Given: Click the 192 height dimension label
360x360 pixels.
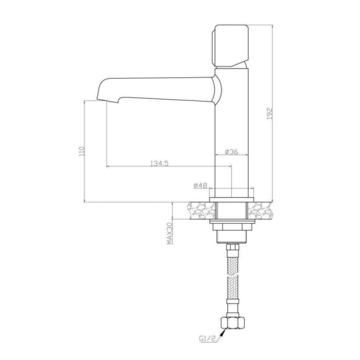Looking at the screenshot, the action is pyautogui.click(x=270, y=113).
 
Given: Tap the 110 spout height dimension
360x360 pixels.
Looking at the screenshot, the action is pyautogui.click(x=82, y=151).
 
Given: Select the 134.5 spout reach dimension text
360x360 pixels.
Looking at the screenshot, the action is pyautogui.click(x=160, y=163).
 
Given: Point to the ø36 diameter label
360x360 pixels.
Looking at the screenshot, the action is pyautogui.click(x=231, y=152).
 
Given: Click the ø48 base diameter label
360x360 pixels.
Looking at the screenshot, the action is pyautogui.click(x=200, y=185).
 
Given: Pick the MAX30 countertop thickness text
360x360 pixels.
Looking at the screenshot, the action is pyautogui.click(x=170, y=234).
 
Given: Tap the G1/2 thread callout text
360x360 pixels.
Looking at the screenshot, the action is pyautogui.click(x=207, y=339).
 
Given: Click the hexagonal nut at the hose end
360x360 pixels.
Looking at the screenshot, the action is pyautogui.click(x=233, y=323).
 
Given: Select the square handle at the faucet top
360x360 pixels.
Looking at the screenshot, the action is pyautogui.click(x=230, y=45).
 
